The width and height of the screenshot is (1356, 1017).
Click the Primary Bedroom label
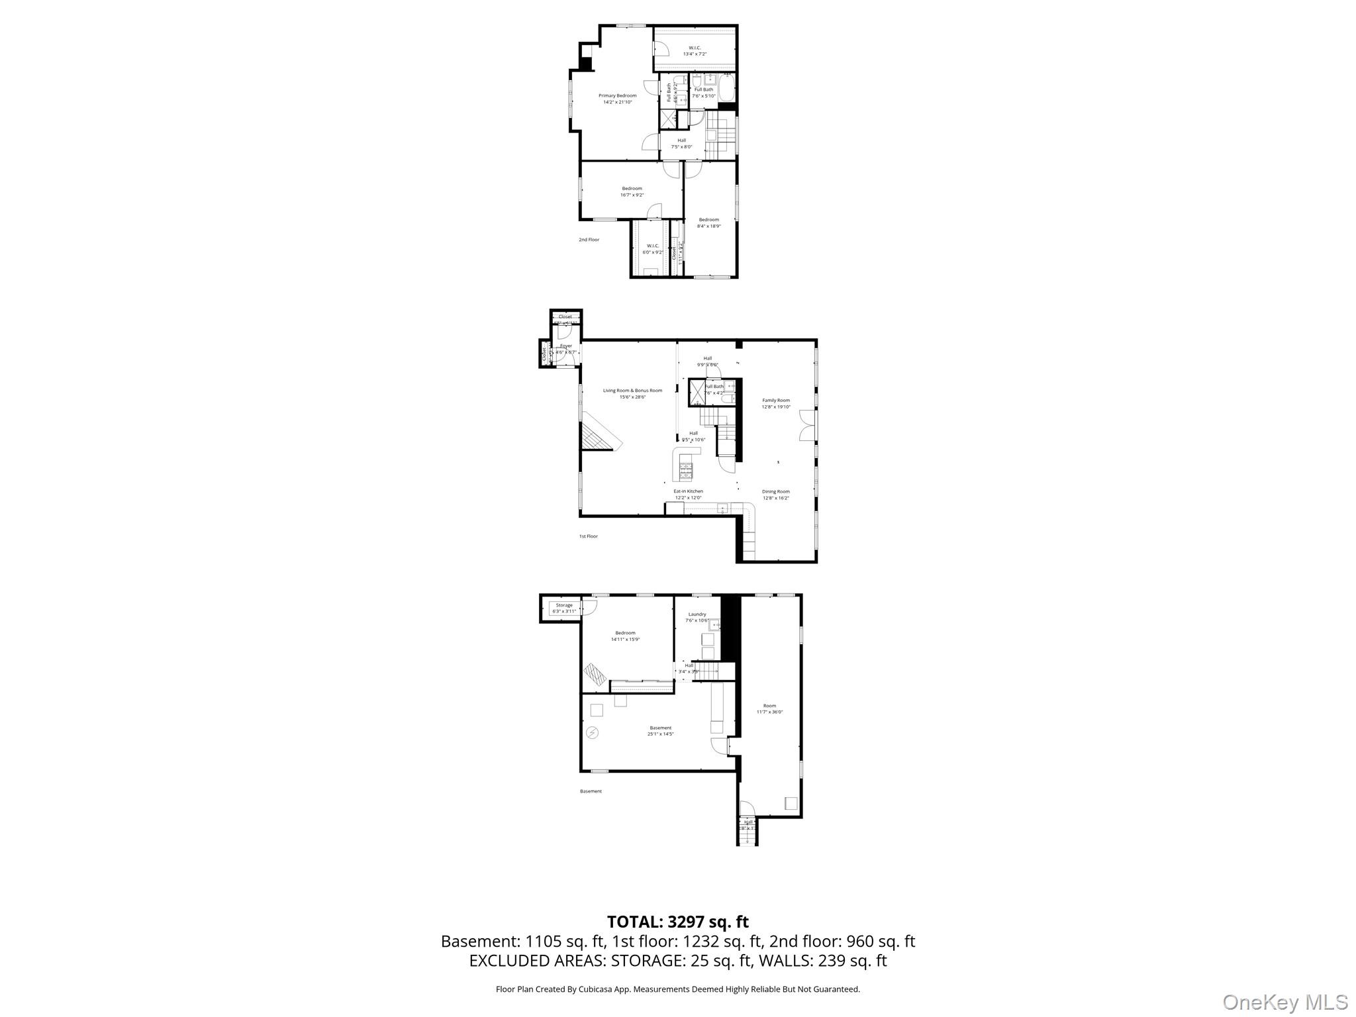617,99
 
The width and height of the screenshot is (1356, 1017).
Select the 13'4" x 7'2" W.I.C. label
695,50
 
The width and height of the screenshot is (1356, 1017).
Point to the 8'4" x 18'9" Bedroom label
708,222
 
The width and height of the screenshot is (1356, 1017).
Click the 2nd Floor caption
589,240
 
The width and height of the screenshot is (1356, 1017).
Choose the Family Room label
776,403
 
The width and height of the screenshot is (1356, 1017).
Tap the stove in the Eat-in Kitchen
686,471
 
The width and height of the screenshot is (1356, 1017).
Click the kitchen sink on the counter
722,508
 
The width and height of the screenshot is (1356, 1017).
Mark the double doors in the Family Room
806,425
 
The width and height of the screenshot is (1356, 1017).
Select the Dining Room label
775,495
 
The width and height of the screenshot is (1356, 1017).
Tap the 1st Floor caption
588,536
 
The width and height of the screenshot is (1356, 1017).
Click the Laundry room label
697,617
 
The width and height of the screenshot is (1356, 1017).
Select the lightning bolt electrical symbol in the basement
592,732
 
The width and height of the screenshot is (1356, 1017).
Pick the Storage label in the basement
564,608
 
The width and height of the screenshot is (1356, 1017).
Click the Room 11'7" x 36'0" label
769,708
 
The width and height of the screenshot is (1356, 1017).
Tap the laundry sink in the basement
714,624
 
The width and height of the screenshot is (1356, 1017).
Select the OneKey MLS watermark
1284,1002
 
